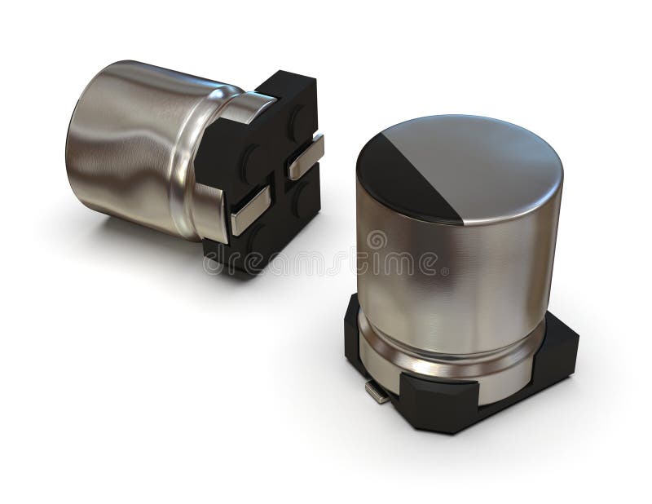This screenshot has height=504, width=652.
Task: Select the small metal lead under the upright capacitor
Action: [x=377, y=394]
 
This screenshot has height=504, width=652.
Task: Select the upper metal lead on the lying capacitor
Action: [x=305, y=156]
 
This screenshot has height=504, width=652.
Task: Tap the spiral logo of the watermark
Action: [x=377, y=241]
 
